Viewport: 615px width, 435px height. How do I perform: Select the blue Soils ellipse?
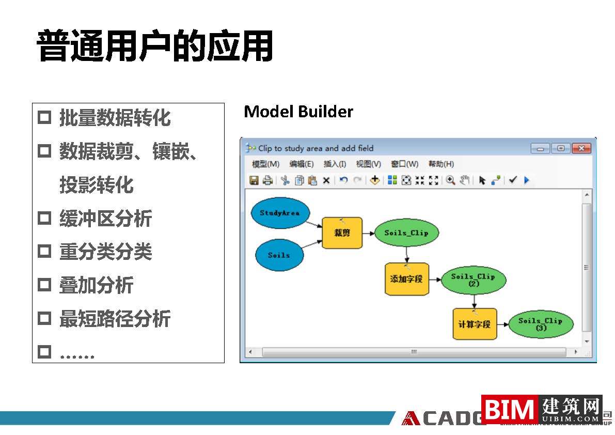pyautogui.click(x=279, y=255)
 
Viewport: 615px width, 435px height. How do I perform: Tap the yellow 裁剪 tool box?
pyautogui.click(x=342, y=233)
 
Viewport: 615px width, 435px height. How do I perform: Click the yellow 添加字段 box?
pyautogui.click(x=406, y=279)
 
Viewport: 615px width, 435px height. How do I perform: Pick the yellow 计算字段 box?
pyautogui.click(x=475, y=324)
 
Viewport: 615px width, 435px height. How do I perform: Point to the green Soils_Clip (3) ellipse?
pyautogui.click(x=541, y=324)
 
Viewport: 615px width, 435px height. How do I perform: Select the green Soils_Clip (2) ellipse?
pyautogui.click(x=473, y=280)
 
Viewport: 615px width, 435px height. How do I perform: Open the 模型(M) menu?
pyautogui.click(x=265, y=164)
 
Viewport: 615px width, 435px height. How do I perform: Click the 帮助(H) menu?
pyautogui.click(x=441, y=164)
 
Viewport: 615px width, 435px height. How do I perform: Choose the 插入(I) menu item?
pyautogui.click(x=335, y=164)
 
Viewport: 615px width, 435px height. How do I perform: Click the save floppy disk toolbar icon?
pyautogui.click(x=254, y=180)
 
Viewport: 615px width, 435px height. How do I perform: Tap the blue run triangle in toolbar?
pyautogui.click(x=527, y=180)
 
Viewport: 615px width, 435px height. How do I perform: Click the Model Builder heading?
pyautogui.click(x=298, y=112)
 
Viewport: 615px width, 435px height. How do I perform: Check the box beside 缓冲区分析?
pyautogui.click(x=45, y=219)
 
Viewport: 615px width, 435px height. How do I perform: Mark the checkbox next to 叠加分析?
pyautogui.click(x=45, y=285)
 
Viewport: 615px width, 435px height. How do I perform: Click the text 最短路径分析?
pyautogui.click(x=115, y=319)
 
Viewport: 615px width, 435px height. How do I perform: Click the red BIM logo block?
pyautogui.click(x=510, y=410)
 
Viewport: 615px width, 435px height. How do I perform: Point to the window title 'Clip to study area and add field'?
pyautogui.click(x=316, y=148)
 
